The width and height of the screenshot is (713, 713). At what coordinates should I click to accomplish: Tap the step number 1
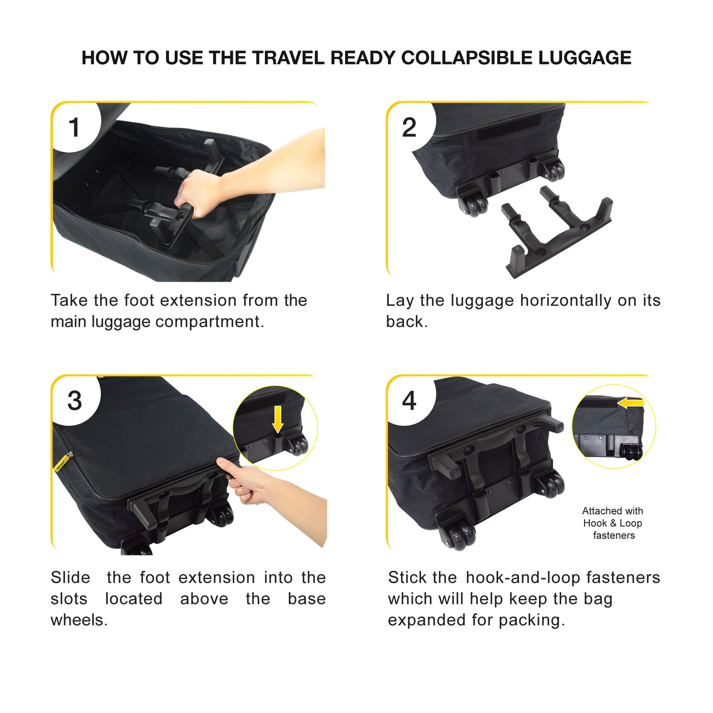(74, 128)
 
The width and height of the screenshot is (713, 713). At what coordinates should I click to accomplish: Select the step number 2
(409, 128)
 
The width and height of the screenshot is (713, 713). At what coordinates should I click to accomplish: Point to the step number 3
(74, 401)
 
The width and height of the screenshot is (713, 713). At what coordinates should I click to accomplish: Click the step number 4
(409, 401)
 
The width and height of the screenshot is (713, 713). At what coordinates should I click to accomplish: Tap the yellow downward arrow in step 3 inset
(277, 420)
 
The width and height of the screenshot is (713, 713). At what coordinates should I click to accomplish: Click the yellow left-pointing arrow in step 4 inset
(630, 403)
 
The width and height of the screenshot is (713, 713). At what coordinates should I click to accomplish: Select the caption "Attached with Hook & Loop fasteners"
(613, 523)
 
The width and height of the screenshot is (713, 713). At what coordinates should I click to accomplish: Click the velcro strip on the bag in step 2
(509, 128)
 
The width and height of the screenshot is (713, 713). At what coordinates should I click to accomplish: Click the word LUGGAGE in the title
(584, 58)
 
